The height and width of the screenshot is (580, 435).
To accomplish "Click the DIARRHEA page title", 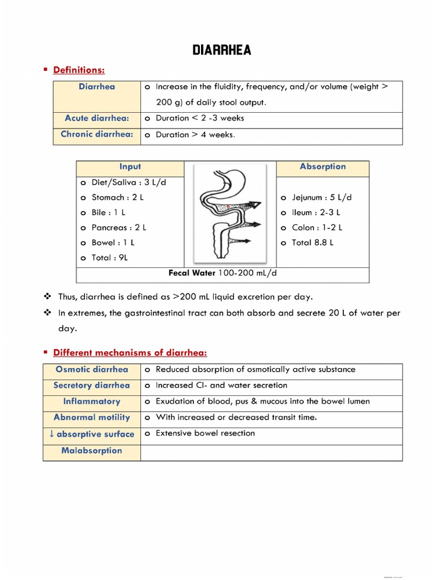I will pyautogui.click(x=221, y=50).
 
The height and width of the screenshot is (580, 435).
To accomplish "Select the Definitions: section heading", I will pyautogui.click(x=79, y=70).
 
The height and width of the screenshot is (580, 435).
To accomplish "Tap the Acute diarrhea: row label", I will pyautogui.click(x=97, y=118).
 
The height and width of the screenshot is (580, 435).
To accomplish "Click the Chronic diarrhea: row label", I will pyautogui.click(x=97, y=135).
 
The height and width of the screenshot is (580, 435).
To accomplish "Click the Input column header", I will pyautogui.click(x=130, y=167).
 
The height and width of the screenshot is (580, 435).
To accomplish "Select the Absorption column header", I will pyautogui.click(x=322, y=167).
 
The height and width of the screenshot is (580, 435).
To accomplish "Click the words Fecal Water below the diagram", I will pyautogui.click(x=192, y=273).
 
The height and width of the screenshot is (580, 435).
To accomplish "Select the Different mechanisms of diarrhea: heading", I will pyautogui.click(x=130, y=353).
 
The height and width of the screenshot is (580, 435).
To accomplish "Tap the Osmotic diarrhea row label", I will pyautogui.click(x=92, y=369).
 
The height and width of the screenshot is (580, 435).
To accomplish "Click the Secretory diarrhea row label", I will pyautogui.click(x=92, y=386).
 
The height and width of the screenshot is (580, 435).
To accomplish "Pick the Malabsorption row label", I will pyautogui.click(x=92, y=451).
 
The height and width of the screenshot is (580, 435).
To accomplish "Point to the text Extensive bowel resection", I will pyautogui.click(x=205, y=433).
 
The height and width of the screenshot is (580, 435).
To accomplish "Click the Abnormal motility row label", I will pyautogui.click(x=92, y=417).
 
